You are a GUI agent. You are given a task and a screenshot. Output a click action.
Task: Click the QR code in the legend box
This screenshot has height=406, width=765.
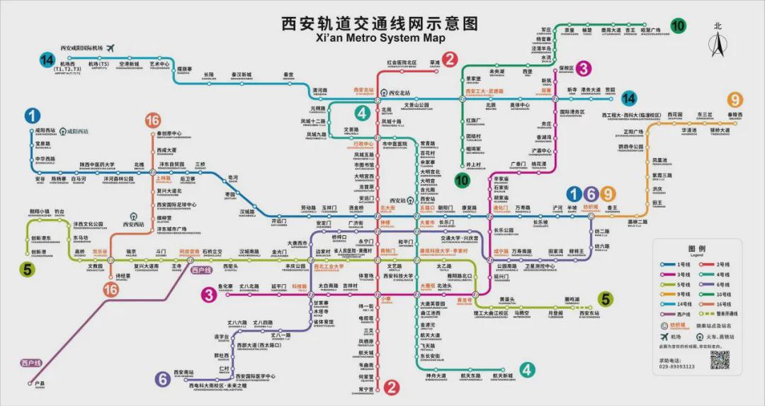(720, 359)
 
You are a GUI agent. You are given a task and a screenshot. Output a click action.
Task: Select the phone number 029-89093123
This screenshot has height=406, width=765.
(676, 367)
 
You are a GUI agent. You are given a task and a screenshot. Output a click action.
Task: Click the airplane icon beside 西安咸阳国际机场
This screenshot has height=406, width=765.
(111, 48)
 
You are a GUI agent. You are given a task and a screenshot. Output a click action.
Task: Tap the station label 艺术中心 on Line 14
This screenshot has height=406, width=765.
(159, 64)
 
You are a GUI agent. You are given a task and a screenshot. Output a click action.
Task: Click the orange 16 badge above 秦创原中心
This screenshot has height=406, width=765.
(152, 120)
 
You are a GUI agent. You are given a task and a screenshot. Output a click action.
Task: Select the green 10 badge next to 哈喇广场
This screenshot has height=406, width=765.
(678, 26)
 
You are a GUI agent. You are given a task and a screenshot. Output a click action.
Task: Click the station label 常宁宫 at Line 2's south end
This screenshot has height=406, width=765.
(365, 389)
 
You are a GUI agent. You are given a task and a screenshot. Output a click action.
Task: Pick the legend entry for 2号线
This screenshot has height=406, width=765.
(714, 264)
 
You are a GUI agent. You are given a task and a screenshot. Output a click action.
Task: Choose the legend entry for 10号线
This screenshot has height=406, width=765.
(714, 294)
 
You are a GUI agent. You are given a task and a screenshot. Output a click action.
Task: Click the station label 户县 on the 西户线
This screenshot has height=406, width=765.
(40, 383)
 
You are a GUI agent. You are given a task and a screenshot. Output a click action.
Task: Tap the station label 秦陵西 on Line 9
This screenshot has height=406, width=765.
(735, 115)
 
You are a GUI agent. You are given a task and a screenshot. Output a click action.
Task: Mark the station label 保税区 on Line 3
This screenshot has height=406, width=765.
(566, 69)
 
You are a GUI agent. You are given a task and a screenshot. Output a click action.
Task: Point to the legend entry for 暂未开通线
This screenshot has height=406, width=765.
(717, 314)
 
